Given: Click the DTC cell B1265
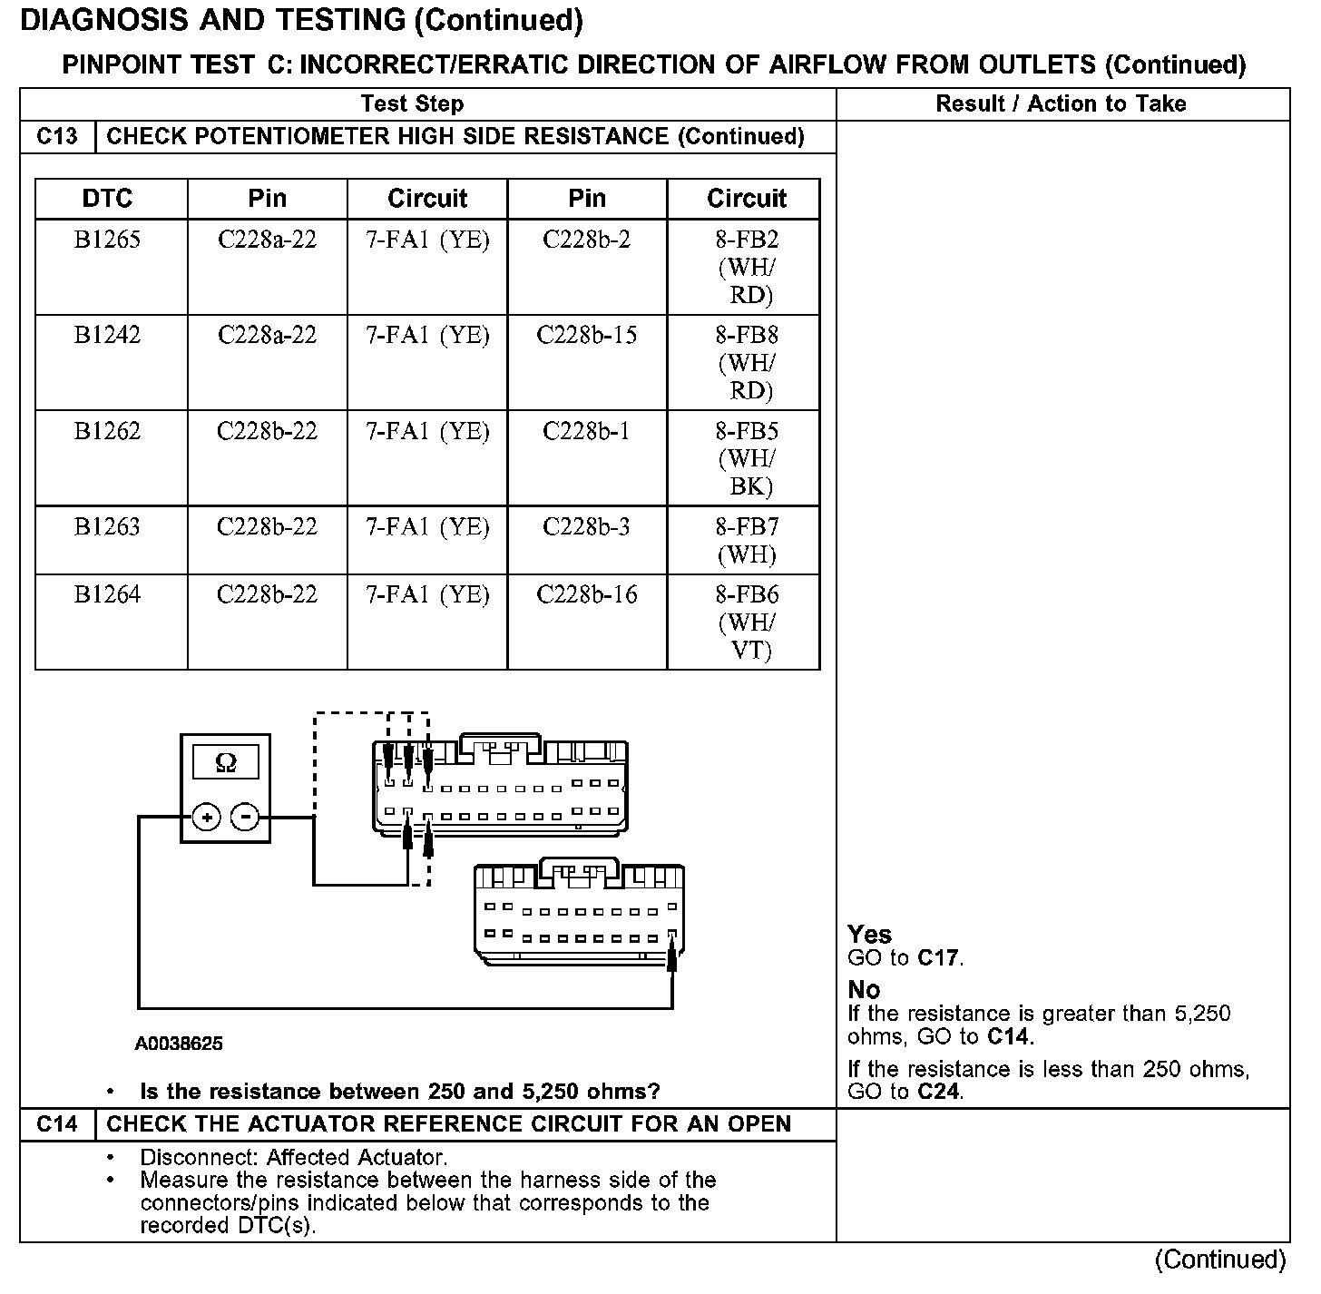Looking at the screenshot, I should point(107,240).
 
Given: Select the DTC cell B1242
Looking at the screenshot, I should point(107,335).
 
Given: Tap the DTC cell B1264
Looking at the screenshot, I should point(107,594).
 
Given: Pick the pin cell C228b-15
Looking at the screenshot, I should point(586,335).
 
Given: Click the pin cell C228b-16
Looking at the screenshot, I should point(586,594).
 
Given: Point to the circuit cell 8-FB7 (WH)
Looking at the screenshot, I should point(747,540).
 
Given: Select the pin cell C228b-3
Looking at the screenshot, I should point(586,526).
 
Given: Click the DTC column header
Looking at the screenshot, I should point(107,199).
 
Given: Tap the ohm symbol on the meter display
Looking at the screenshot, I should point(226,762).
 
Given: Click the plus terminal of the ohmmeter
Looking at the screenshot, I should point(208,818).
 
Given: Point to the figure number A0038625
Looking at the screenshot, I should point(179,1044).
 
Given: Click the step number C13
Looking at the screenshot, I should point(57,137).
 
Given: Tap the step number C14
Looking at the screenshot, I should point(57,1124).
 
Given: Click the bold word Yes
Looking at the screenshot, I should point(869,935).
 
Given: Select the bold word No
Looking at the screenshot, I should point(864,990).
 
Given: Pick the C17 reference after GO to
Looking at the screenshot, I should point(938,957).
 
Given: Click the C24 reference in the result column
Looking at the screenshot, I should point(938,1091).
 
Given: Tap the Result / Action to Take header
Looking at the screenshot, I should point(1061,104).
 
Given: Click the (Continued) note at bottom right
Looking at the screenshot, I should point(1220,1260).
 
